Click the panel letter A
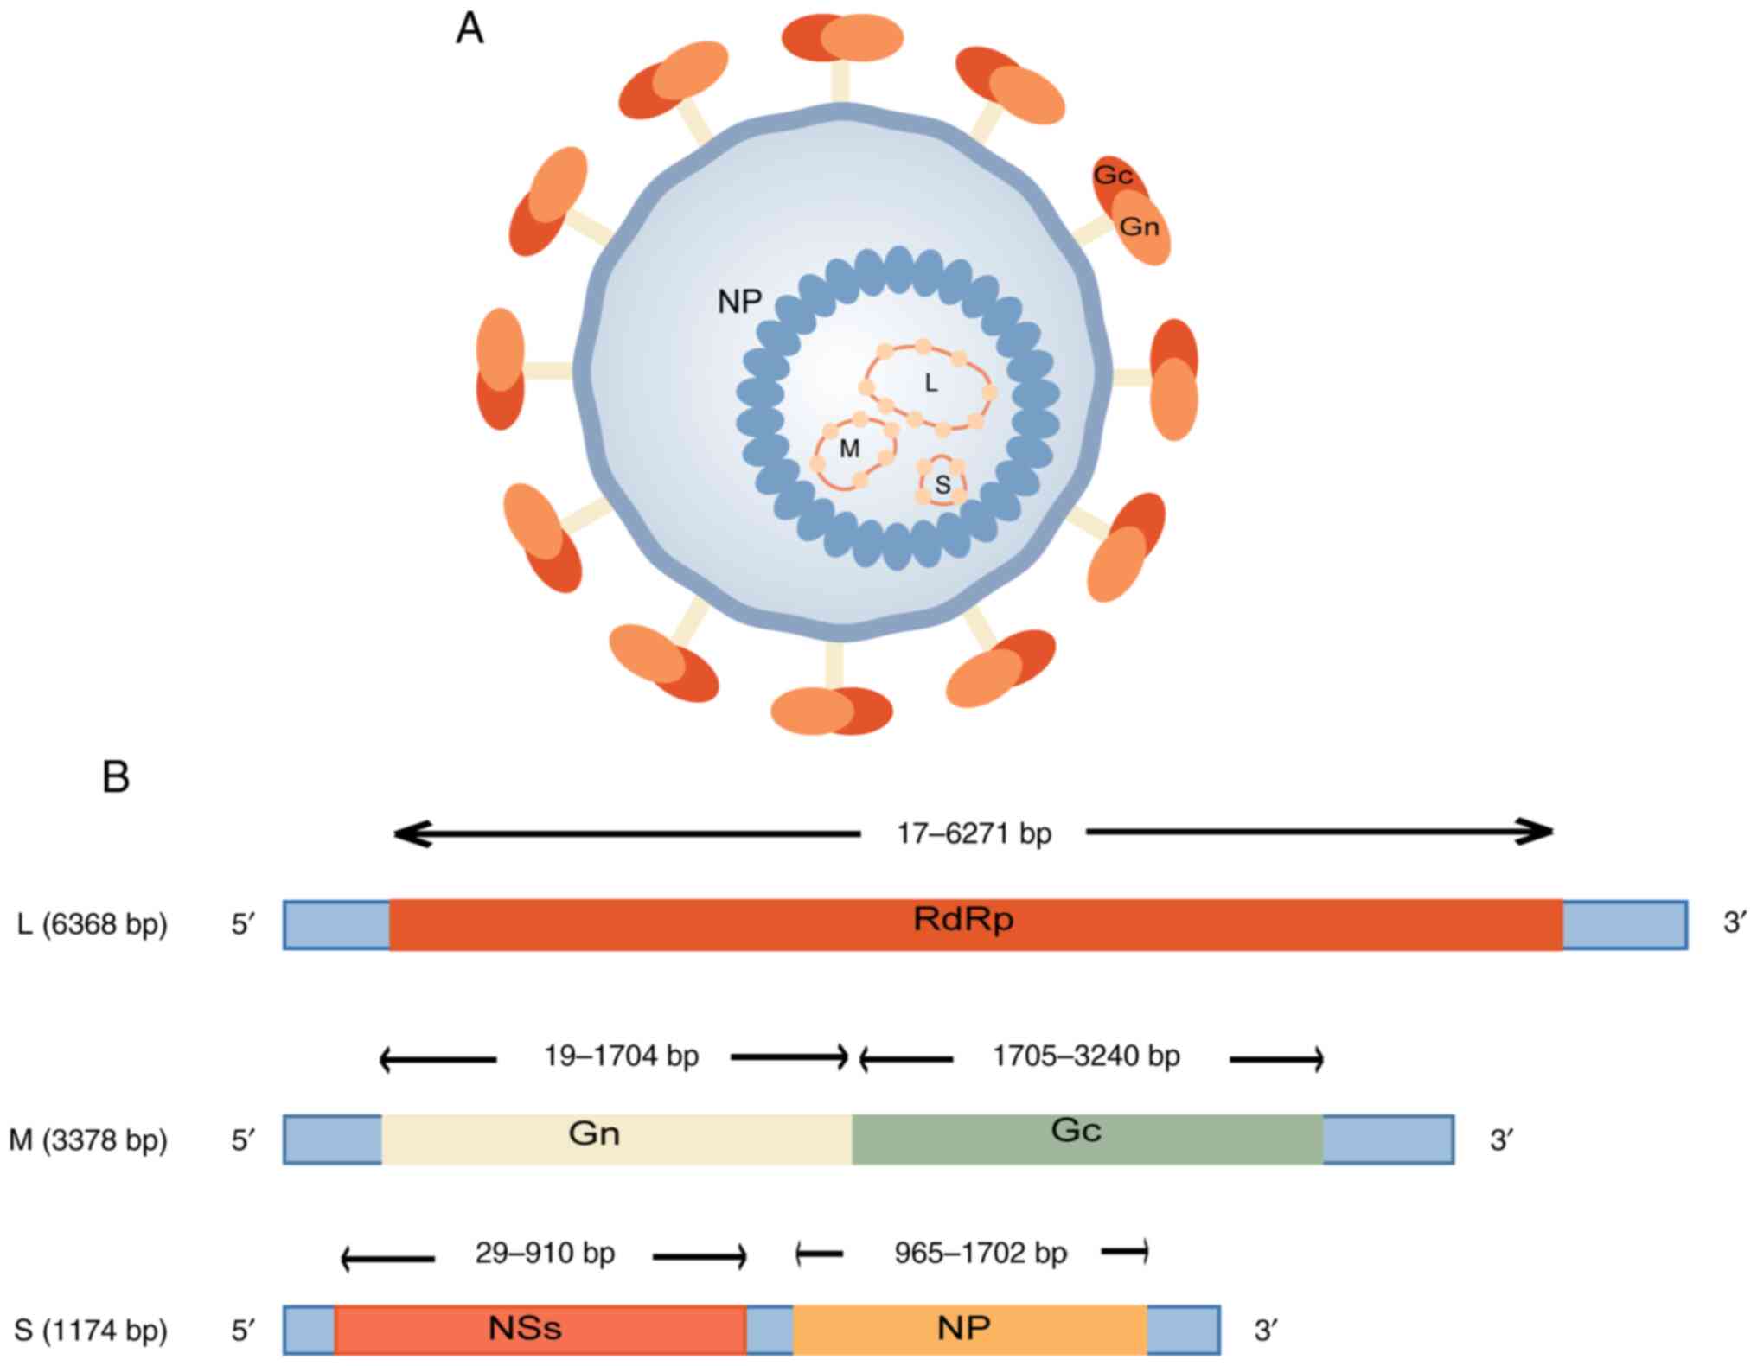pos(470,29)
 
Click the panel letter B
pos(116,776)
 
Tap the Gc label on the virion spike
pos(1113,176)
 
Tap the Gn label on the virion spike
pos(1139,227)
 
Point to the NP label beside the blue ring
pos(739,302)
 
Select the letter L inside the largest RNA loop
pos(930,383)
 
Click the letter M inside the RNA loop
pos(849,449)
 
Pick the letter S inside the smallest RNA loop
pos(942,486)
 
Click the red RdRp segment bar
pos(975,924)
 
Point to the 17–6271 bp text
pos(974,833)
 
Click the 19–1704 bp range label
pos(621,1056)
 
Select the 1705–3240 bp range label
pos(1086,1056)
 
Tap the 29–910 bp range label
pos(545,1253)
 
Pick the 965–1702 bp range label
pos(981,1253)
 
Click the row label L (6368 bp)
pos(92,924)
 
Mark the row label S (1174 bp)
pos(90,1330)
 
